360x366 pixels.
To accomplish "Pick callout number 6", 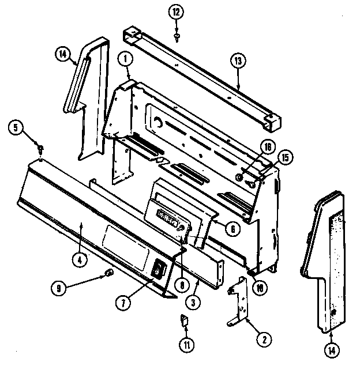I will (x=232, y=229).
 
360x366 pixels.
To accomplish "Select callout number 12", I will (x=175, y=11).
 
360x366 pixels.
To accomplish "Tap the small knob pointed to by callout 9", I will (x=108, y=272).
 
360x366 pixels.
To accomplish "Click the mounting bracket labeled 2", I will (x=242, y=303).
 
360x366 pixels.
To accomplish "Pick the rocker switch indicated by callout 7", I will (x=158, y=269).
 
